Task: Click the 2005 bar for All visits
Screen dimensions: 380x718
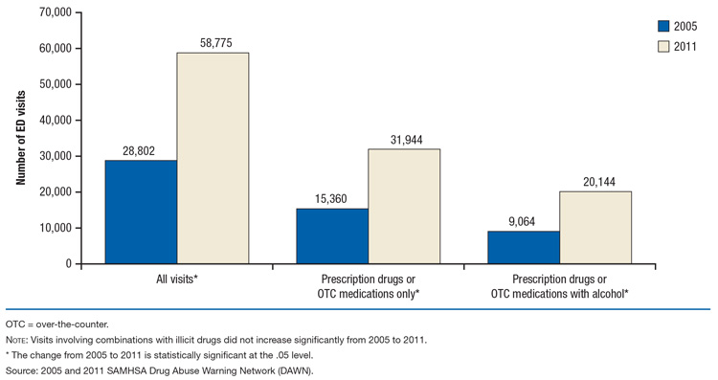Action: click(141, 212)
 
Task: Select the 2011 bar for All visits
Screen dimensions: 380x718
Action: click(213, 158)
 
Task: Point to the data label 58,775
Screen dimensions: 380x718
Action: click(213, 43)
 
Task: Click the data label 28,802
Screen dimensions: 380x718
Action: click(141, 150)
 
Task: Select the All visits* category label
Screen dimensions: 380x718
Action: click(177, 279)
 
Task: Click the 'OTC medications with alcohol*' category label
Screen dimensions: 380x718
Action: click(559, 294)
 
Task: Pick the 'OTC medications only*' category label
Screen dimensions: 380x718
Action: click(369, 294)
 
